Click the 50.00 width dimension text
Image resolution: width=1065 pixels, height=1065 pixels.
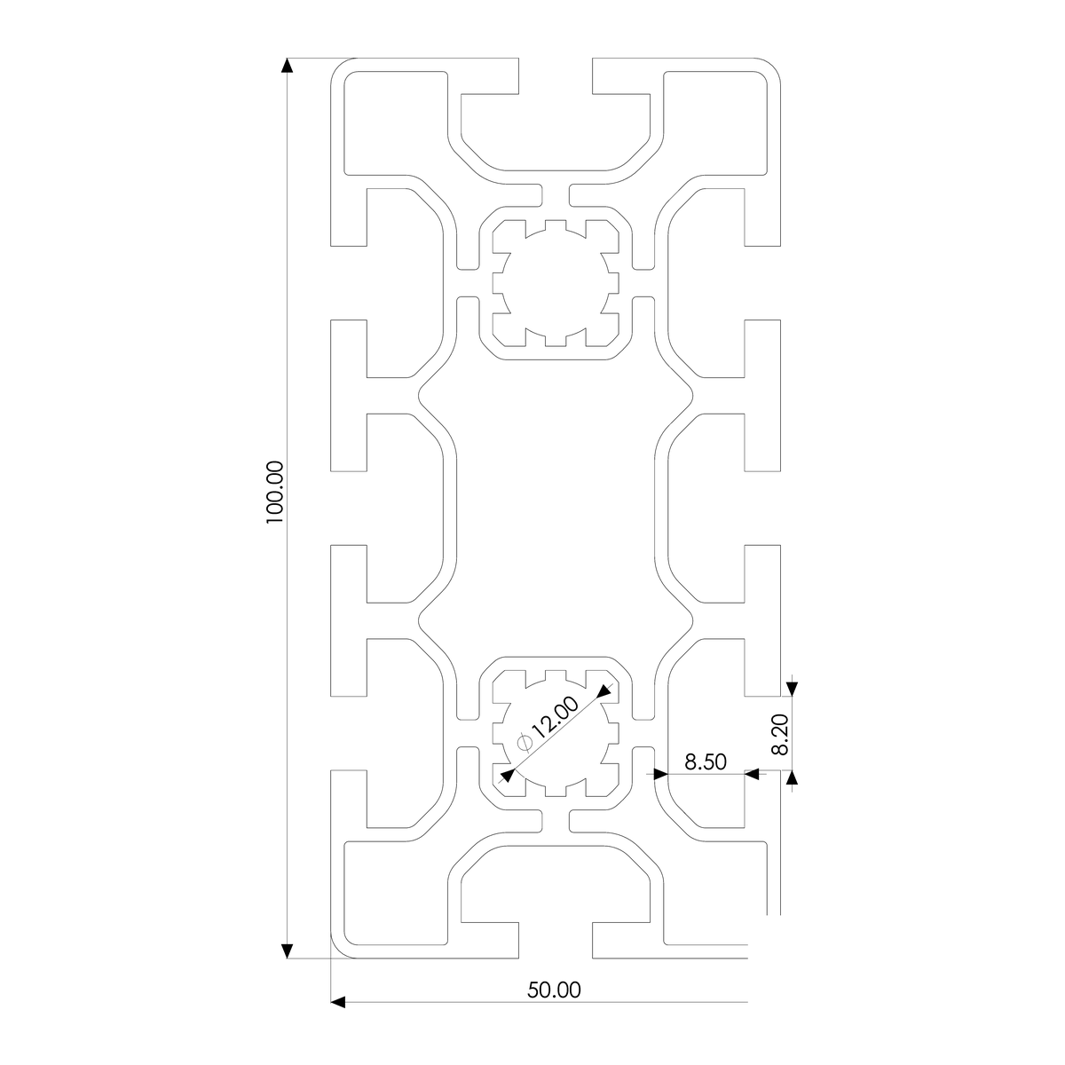[555, 989]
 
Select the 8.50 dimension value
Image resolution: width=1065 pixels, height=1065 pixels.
[706, 761]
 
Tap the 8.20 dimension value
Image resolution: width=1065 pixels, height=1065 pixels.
[780, 735]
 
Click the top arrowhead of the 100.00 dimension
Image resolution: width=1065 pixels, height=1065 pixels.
[286, 66]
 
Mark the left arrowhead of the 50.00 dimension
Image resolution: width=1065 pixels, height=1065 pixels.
[337, 1002]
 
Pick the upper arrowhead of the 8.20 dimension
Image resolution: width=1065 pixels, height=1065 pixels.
[792, 688]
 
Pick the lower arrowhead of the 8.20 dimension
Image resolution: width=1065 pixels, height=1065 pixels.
[792, 778]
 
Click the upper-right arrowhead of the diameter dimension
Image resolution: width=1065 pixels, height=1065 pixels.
[606, 690]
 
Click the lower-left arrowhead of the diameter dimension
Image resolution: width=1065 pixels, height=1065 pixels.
[506, 776]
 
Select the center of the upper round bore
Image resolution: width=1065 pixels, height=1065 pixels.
[556, 283]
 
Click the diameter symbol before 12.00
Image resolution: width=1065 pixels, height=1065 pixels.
[524, 741]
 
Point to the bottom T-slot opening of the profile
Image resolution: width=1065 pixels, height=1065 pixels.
[556, 941]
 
